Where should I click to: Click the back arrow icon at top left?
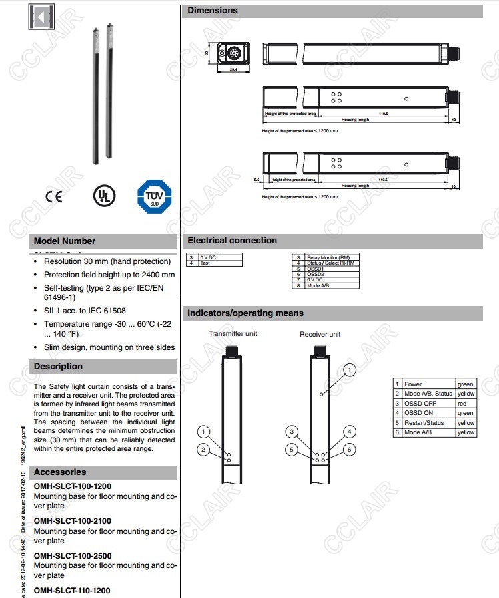pos(41,17)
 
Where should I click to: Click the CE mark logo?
pos(53,197)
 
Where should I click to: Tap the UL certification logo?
pos(103,195)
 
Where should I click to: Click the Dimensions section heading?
pos(213,11)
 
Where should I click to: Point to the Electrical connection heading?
pos(232,241)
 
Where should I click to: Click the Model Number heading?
pos(65,241)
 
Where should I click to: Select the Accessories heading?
pos(60,472)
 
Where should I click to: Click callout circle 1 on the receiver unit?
pos(350,369)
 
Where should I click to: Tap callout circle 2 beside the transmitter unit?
pos(204,450)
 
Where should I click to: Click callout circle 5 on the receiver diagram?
pos(291,450)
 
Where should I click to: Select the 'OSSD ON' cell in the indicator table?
pos(418,413)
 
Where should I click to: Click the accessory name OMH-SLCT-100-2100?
pos(73,521)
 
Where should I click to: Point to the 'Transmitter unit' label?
pos(233,333)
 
